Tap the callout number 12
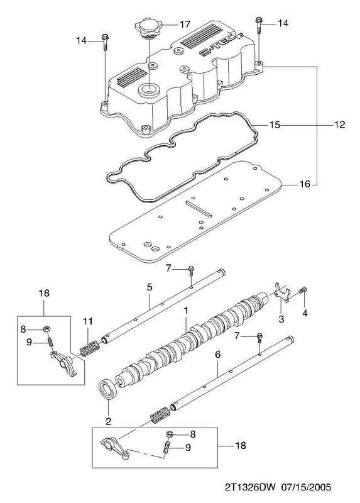pos(339,124)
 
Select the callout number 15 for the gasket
pos(274,124)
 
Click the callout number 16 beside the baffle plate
pos(305,184)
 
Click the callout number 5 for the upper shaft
pos(150,287)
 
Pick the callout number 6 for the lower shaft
pos(217,354)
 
